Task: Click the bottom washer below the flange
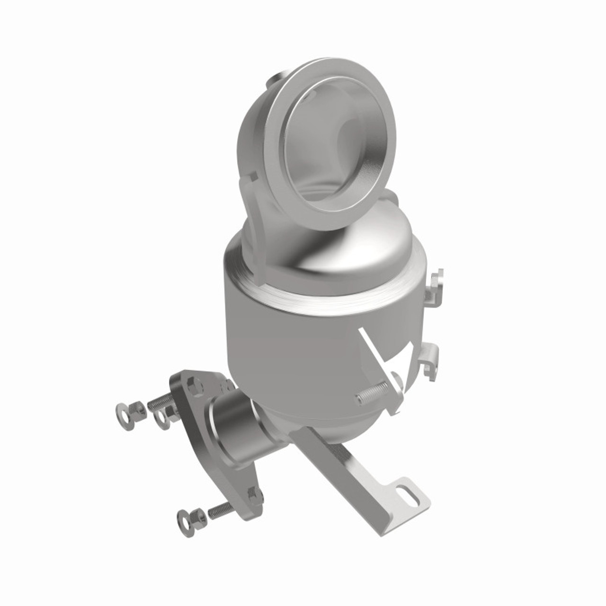click(x=185, y=517)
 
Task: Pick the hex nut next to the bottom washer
click(x=198, y=513)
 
